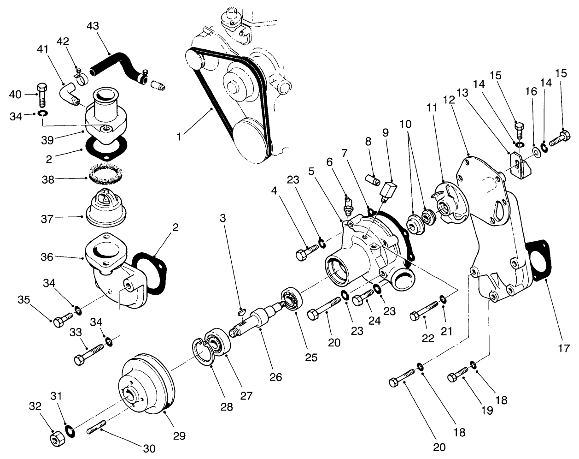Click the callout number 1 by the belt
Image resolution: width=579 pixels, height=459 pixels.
point(179,137)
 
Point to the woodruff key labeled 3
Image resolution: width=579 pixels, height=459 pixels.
point(243,313)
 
